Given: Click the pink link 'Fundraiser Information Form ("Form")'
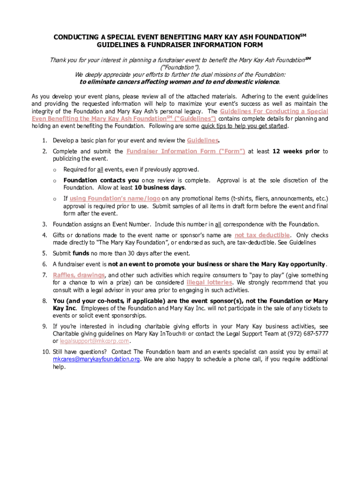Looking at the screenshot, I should (186, 152).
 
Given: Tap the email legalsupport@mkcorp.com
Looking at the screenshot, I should (94, 341).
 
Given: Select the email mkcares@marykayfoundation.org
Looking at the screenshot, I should (96, 359).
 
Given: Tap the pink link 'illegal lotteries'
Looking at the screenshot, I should (209, 283).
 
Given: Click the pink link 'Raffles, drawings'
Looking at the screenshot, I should (79, 275).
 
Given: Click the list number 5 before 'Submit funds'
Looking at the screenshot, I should (44, 254).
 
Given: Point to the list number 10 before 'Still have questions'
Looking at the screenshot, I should (45, 352).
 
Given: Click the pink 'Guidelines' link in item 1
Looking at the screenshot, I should (202, 140).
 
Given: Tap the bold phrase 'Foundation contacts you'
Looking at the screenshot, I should (101, 181).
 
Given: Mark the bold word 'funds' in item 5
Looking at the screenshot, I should (81, 254).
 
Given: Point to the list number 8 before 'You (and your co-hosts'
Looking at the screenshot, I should (44, 301).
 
